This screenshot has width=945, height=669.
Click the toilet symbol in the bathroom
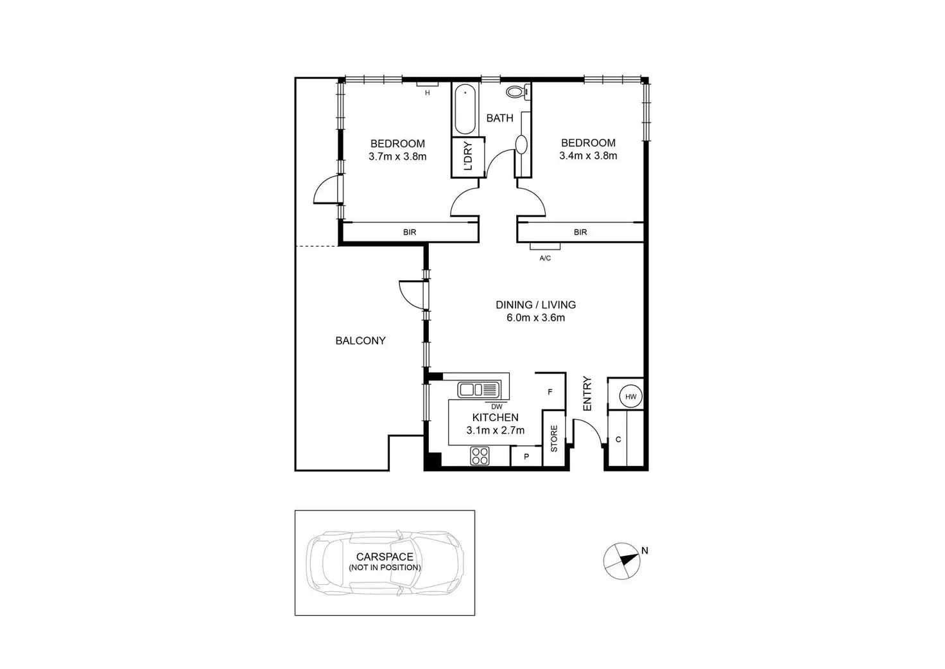click(516, 92)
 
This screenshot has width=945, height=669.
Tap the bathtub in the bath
click(465, 109)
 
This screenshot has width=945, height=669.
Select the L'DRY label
click(467, 156)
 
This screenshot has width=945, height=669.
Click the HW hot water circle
click(631, 397)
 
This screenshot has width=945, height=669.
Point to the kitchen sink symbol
click(478, 389)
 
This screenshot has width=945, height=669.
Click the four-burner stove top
click(479, 456)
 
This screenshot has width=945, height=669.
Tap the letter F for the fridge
click(550, 391)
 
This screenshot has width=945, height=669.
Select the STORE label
click(554, 438)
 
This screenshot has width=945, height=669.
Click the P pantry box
click(526, 457)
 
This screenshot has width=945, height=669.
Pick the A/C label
click(545, 258)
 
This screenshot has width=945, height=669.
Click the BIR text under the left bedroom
click(410, 232)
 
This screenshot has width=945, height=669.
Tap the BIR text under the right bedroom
click(580, 232)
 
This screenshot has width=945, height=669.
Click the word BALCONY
click(360, 341)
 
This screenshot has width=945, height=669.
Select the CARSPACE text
click(385, 557)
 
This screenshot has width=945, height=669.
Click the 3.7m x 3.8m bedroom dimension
click(397, 156)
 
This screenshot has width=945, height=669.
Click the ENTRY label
click(587, 393)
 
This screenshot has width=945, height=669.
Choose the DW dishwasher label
click(496, 406)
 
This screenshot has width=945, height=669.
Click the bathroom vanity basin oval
click(521, 143)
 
